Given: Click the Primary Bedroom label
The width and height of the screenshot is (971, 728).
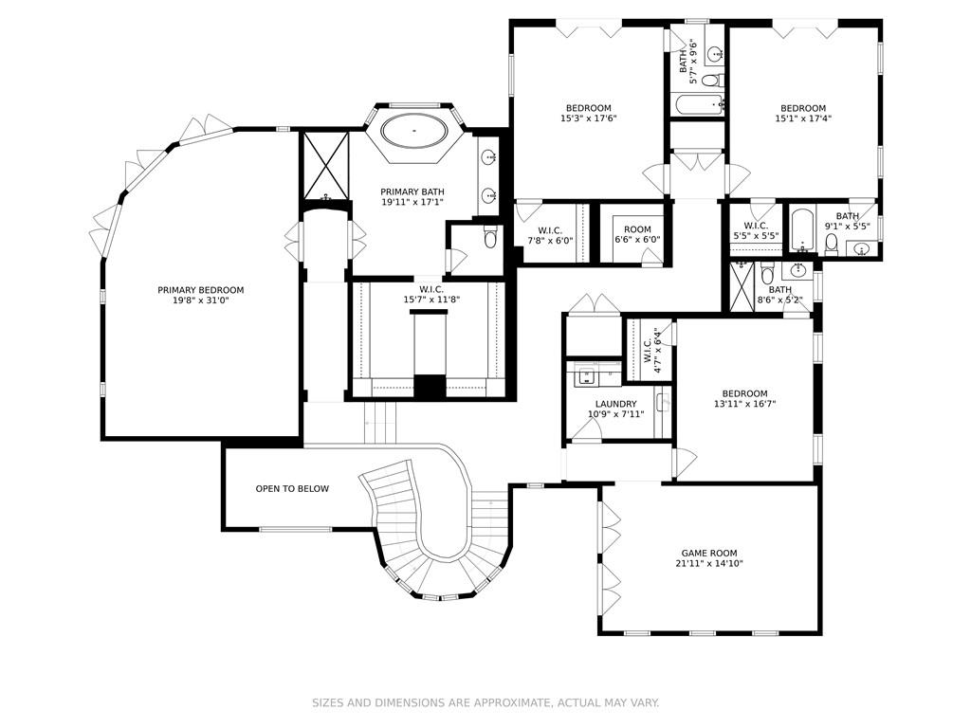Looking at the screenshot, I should [x=200, y=295].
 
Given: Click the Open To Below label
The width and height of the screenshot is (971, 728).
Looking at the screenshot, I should [x=292, y=489].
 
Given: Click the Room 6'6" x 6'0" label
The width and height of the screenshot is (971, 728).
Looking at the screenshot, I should [x=637, y=234].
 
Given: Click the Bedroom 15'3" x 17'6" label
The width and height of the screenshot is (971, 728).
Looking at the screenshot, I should [x=588, y=113].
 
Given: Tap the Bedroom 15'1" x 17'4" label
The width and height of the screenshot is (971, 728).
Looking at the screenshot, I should [x=802, y=113].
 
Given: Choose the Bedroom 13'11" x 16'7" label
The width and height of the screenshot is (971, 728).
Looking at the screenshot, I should [x=744, y=399].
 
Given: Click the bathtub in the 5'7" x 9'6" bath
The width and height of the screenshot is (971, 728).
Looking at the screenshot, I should [x=697, y=103].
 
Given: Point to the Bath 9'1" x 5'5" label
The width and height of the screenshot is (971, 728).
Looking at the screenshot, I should [x=847, y=221].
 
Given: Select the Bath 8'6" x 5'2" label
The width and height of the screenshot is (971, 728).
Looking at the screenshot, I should [x=779, y=295].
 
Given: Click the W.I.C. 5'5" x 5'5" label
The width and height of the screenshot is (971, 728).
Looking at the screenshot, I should [x=756, y=230].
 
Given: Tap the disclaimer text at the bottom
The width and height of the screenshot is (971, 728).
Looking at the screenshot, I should [x=485, y=702].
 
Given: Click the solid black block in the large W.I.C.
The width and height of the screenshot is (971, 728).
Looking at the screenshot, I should [x=431, y=387].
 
